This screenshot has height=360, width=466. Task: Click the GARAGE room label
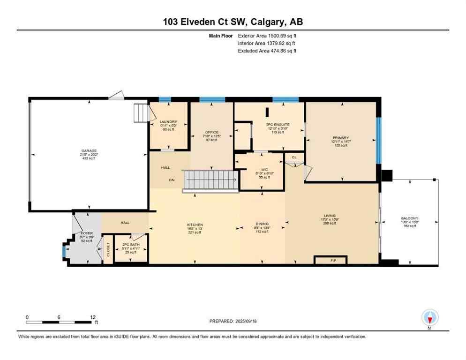pos(88,151)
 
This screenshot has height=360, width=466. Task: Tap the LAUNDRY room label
pos(168,122)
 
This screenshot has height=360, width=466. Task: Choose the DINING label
pos(262,224)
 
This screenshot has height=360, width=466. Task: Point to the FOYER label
pos(87,233)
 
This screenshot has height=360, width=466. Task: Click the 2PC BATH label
pos(129,245)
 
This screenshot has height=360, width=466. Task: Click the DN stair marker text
pos(172,179)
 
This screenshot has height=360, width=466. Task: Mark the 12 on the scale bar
pos(94,317)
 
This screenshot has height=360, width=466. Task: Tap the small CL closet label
pos(294,157)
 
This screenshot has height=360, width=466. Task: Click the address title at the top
pos(233,22)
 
